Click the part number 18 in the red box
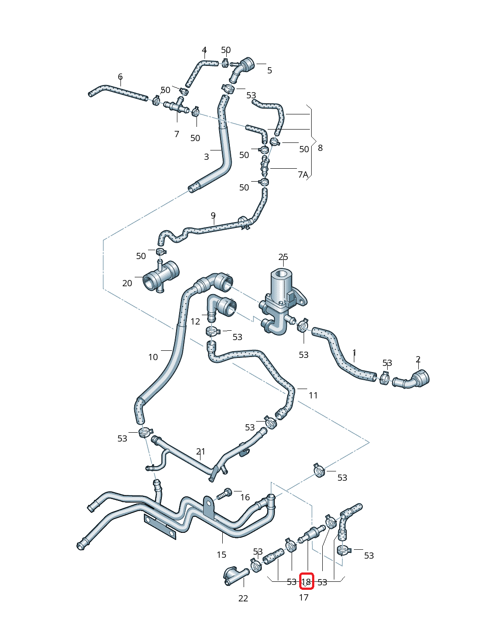pyautogui.click(x=306, y=581)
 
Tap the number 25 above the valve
pyautogui.click(x=283, y=257)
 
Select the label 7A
pyautogui.click(x=303, y=174)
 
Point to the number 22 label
pyautogui.click(x=243, y=598)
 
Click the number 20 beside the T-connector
pyautogui.click(x=127, y=283)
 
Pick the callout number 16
pyautogui.click(x=245, y=497)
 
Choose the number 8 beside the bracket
pyautogui.click(x=321, y=148)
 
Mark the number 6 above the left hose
pyautogui.click(x=120, y=77)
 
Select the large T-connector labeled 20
pyautogui.click(x=160, y=277)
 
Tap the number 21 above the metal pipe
pyautogui.click(x=200, y=451)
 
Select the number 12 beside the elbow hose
pyautogui.click(x=195, y=321)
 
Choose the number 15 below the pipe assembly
pyautogui.click(x=221, y=555)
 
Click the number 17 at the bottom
pyautogui.click(x=304, y=597)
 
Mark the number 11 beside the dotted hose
pyautogui.click(x=313, y=395)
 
